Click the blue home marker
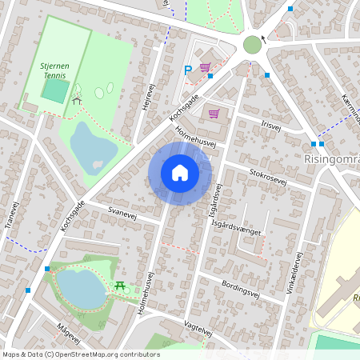(180, 173)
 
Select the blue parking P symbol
(188, 70)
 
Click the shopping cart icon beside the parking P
(205, 69)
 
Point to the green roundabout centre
(252, 43)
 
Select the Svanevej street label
(123, 210)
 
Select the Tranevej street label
(10, 214)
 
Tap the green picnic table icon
(120, 286)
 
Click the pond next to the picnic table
(80, 288)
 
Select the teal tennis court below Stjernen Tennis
(54, 90)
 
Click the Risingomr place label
(332, 158)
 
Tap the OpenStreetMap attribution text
(81, 354)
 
